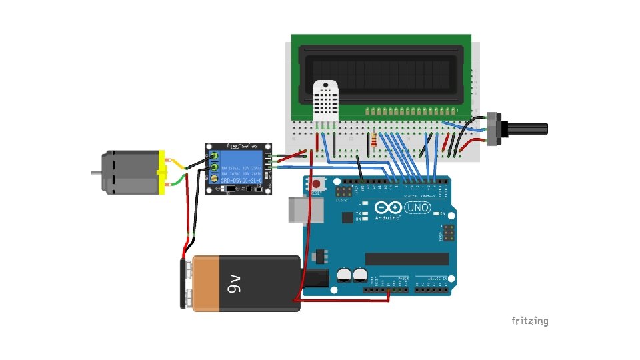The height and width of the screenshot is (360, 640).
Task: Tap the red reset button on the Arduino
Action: point(317,183)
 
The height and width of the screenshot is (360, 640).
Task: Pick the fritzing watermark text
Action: point(529,321)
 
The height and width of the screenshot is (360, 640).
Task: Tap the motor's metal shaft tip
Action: point(95,172)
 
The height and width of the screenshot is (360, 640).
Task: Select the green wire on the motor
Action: point(177,181)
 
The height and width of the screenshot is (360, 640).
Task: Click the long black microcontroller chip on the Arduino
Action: point(407,259)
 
